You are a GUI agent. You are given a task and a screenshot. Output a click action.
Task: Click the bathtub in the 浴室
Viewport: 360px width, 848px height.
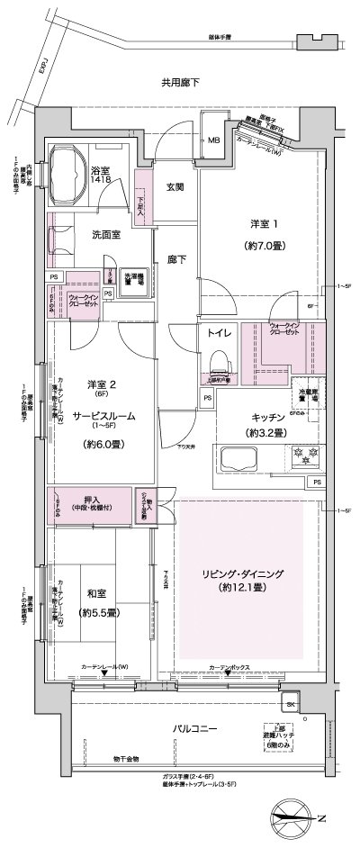tap(67, 167)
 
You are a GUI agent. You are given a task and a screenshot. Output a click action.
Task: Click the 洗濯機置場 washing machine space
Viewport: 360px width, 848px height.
tap(134, 279)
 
